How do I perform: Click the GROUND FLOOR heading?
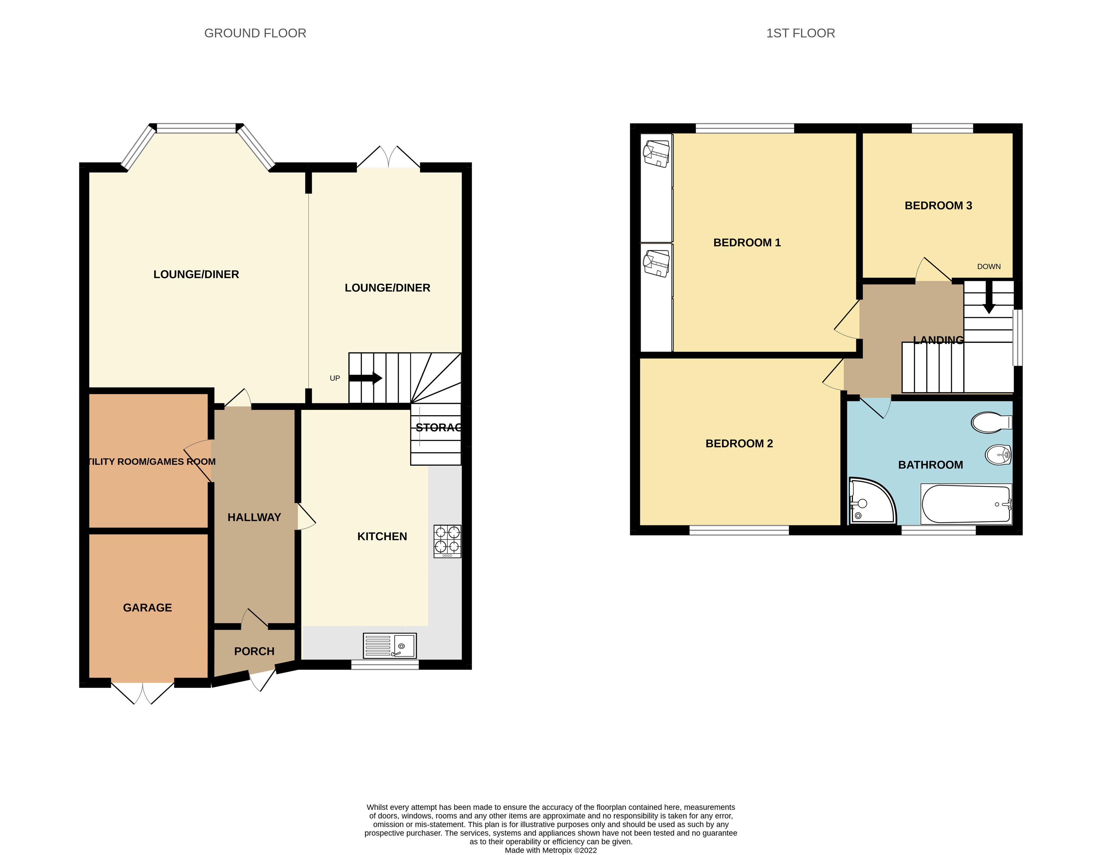[x=255, y=33]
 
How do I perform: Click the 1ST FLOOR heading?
[x=800, y=33]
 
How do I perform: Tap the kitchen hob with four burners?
[x=447, y=541]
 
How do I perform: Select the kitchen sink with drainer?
[x=390, y=646]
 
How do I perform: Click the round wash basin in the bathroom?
[x=998, y=455]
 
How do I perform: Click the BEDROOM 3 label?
[x=938, y=206]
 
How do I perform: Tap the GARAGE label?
[x=147, y=608]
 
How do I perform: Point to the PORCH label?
[x=254, y=651]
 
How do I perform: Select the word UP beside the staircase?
[x=335, y=378]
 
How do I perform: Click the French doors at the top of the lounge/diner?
[x=388, y=157]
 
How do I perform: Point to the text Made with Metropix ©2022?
[x=551, y=850]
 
